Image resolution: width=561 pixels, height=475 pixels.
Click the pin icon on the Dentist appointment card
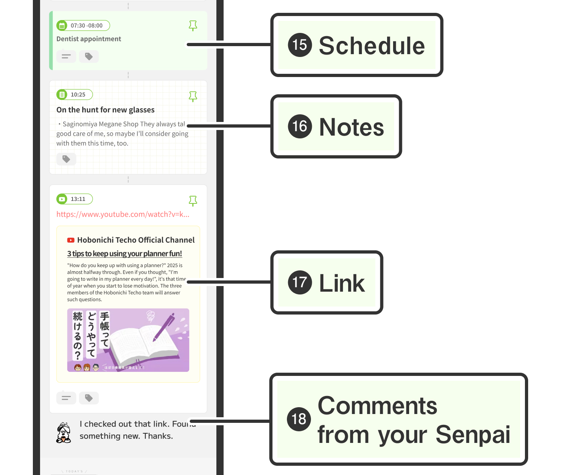193,26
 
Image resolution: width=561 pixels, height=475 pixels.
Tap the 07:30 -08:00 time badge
83,26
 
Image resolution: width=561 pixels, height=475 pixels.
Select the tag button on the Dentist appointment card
89,57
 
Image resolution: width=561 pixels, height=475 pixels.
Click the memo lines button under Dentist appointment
66,57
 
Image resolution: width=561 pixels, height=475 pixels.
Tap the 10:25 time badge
75,95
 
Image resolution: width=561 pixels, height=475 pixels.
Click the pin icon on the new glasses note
193,97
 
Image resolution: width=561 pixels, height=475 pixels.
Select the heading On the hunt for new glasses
105,110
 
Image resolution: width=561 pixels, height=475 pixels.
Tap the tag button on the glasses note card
66,159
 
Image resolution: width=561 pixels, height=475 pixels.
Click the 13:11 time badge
75,199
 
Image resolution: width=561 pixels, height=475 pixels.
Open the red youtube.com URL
123,214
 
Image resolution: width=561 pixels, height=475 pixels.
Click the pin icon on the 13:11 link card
193,201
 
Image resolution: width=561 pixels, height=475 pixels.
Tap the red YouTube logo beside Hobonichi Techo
71,240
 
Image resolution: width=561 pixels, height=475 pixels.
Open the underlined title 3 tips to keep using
124,254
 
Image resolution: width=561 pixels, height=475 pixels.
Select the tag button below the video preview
89,398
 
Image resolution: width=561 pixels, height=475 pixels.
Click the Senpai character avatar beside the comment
64,432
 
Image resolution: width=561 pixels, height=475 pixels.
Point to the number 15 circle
300,45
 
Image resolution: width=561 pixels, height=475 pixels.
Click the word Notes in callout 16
351,127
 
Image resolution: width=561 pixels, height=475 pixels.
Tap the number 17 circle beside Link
300,282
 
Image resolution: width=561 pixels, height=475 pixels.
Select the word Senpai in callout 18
473,434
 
